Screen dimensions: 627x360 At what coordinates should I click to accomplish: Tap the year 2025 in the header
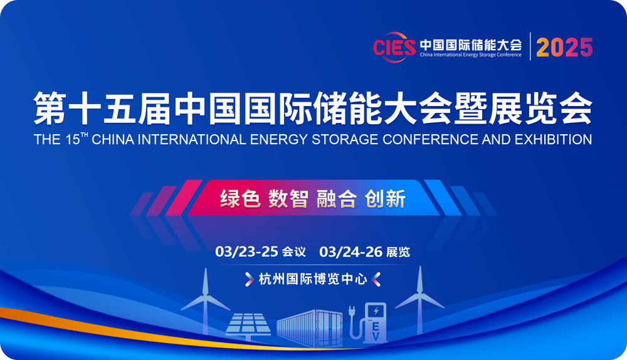[x=564, y=47]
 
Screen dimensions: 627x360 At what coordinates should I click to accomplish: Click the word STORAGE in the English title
[x=345, y=139]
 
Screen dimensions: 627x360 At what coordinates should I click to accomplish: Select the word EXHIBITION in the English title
[x=554, y=139]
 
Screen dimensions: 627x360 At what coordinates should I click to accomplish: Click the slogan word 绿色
[x=240, y=199]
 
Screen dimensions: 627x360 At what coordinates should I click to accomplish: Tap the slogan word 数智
[x=288, y=199]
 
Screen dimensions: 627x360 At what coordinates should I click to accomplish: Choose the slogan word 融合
[x=336, y=199]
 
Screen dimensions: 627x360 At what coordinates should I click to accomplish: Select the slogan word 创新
[x=385, y=199]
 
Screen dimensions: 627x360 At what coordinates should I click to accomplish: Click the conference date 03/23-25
[x=246, y=251]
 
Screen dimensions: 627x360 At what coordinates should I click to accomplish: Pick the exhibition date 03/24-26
[x=351, y=251]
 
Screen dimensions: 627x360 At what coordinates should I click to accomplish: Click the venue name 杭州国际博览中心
[x=313, y=279]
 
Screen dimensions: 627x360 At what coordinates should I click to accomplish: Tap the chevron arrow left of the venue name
[x=249, y=279]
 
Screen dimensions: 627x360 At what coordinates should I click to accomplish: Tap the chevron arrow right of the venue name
[x=376, y=279]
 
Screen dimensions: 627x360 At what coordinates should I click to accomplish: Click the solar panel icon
[x=248, y=326]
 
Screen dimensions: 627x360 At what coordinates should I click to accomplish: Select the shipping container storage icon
[x=310, y=328]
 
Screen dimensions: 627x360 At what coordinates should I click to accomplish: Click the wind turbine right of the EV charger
[x=420, y=299]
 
